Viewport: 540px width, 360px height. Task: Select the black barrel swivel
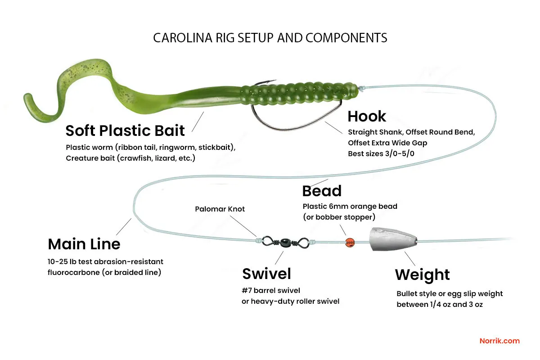pos(284,242)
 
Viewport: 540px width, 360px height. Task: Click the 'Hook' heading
pos(367,117)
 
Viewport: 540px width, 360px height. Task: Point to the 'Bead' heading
pos(322,191)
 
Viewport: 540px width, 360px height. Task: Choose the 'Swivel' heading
pos(266,274)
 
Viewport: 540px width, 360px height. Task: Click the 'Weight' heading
pos(422,274)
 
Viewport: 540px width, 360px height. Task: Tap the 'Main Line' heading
pos(84,244)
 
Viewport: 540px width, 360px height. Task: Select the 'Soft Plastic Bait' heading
pos(125,130)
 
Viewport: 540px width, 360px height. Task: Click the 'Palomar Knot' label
pos(220,209)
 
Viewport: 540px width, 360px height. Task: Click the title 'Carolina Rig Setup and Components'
pos(270,38)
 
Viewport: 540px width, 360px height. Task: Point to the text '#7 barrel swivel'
pos(271,290)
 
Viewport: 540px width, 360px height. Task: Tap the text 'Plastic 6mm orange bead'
pos(350,207)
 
